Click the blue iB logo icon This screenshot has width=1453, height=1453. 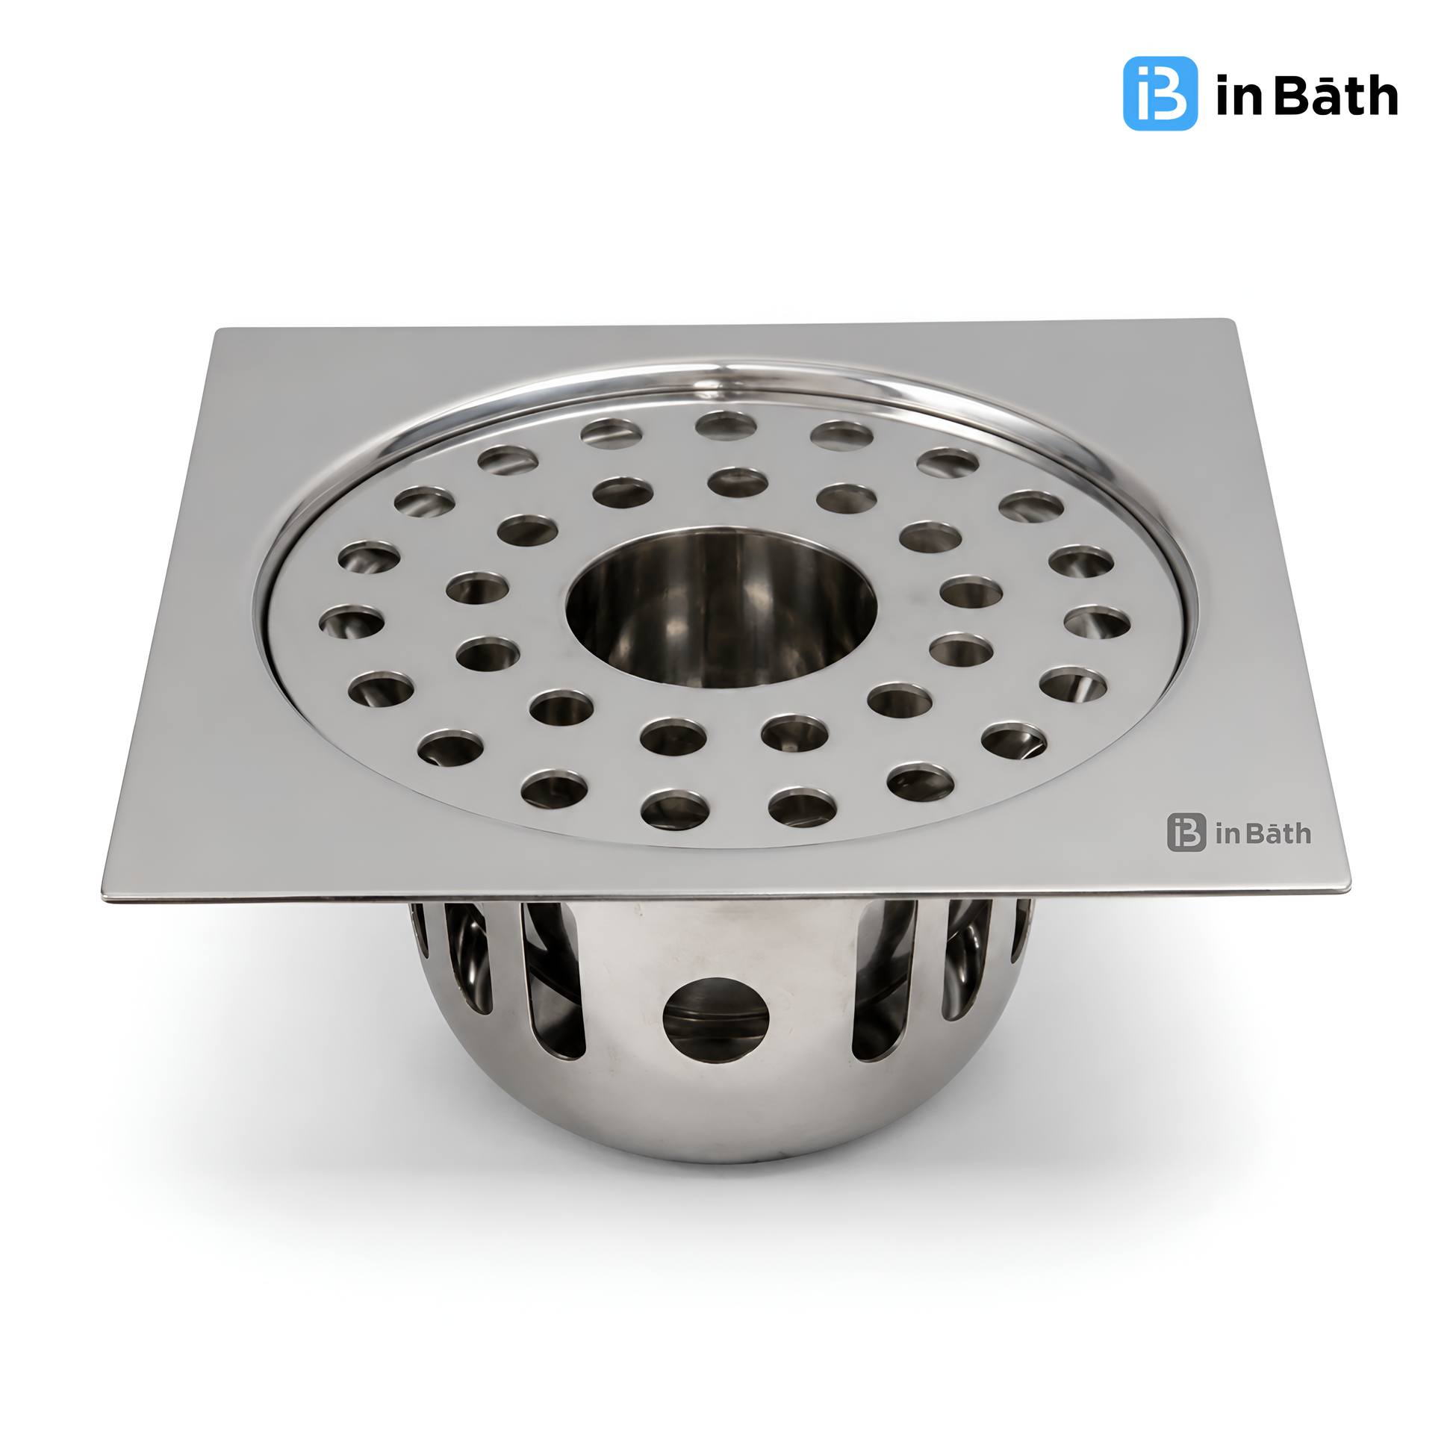(1160, 93)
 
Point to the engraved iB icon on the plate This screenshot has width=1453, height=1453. (1186, 832)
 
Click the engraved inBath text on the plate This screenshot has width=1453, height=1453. (1263, 833)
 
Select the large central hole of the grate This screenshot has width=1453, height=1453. (721, 609)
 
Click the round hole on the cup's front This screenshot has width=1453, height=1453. (716, 1020)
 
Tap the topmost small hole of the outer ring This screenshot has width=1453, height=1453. (725, 426)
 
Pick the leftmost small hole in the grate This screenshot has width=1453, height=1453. (351, 622)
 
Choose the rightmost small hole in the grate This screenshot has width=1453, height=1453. (1098, 622)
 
